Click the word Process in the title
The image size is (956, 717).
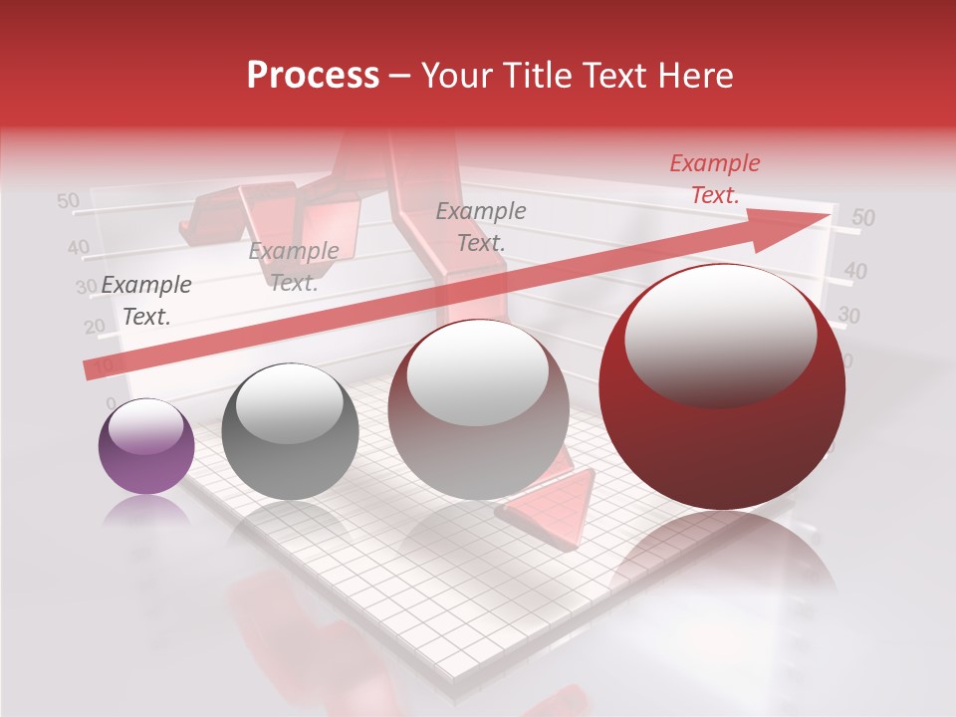(313, 76)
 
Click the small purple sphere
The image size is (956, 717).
(146, 446)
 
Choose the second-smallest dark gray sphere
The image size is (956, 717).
(290, 431)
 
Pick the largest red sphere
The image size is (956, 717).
(722, 386)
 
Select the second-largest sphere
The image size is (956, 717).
(479, 409)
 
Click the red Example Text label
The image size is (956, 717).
(714, 179)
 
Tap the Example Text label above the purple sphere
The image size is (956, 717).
(146, 301)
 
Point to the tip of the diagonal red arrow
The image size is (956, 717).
(829, 215)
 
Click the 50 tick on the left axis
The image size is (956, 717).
(68, 201)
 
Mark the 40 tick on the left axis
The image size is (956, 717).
(78, 247)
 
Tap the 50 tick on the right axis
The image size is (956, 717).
(863, 218)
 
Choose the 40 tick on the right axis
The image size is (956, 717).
(855, 271)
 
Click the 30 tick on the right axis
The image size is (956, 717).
(848, 316)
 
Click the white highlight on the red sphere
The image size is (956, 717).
(720, 335)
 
